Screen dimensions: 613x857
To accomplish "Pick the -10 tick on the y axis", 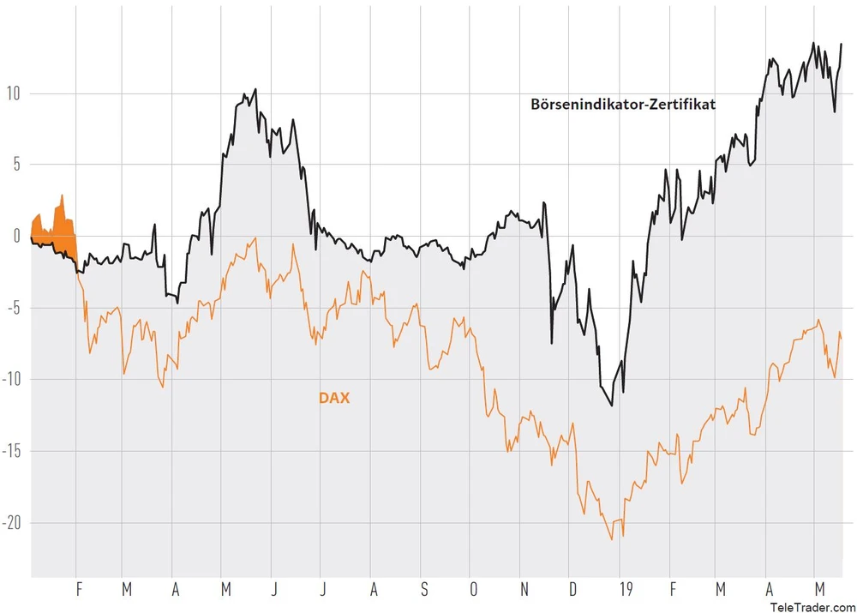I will click(x=11, y=379).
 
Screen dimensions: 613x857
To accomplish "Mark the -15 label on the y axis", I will click(x=11, y=451).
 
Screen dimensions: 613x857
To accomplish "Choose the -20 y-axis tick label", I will click(x=11, y=523).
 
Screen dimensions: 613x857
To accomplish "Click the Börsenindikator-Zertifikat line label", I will click(x=623, y=105).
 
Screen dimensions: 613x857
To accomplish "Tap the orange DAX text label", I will click(x=334, y=398).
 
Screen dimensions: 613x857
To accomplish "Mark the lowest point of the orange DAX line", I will click(x=612, y=539).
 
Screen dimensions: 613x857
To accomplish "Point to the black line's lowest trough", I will click(x=612, y=405).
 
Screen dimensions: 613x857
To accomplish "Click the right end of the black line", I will click(x=842, y=44).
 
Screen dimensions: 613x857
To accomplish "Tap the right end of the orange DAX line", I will click(x=842, y=340).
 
